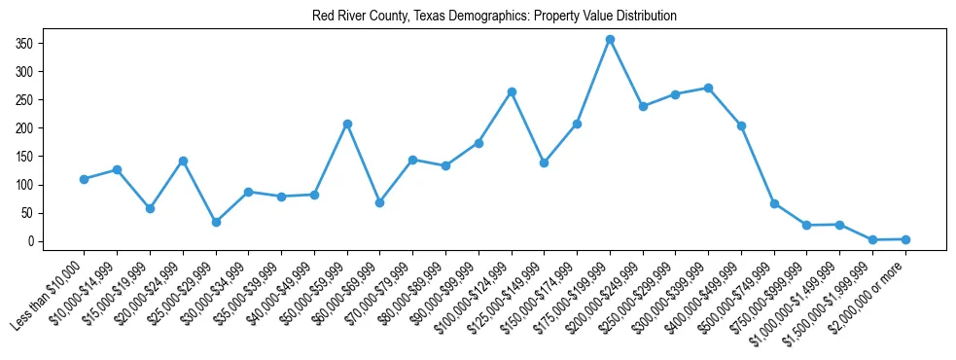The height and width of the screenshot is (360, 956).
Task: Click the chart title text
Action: [494, 17]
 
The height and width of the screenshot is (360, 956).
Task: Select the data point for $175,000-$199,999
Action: [610, 39]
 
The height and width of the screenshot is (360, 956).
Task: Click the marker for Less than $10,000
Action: [84, 179]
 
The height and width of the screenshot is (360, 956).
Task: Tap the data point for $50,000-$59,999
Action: [347, 124]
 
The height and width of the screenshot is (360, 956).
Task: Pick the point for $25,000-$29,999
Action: [216, 222]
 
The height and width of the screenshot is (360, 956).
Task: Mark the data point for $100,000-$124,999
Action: [512, 91]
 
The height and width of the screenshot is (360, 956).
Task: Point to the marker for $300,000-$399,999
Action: [708, 88]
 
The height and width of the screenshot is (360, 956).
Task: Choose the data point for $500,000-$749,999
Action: [774, 203]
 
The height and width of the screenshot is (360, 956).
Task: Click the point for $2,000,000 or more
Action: [905, 239]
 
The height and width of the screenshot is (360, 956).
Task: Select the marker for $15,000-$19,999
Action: [150, 208]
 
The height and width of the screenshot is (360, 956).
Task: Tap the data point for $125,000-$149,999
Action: [544, 162]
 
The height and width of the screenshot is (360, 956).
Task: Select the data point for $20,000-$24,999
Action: [183, 161]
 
